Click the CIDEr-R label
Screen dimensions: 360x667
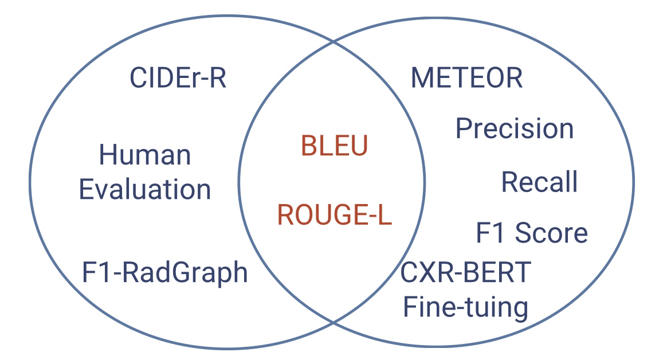pyautogui.click(x=178, y=78)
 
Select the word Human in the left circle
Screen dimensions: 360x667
pyautogui.click(x=145, y=155)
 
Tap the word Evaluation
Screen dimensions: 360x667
pyautogui.click(x=145, y=190)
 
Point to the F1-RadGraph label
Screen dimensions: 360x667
pyautogui.click(x=165, y=272)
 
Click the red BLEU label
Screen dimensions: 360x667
pyautogui.click(x=335, y=147)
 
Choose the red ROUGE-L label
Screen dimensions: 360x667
pyautogui.click(x=335, y=215)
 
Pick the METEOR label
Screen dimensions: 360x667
pyautogui.click(x=467, y=78)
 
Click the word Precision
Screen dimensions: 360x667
pyautogui.click(x=515, y=129)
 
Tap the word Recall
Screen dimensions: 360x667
pyautogui.click(x=539, y=182)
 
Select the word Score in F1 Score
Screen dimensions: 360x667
pyautogui.click(x=551, y=233)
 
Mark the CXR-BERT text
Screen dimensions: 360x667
pyautogui.click(x=465, y=272)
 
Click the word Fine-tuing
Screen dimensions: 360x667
pyautogui.click(x=465, y=307)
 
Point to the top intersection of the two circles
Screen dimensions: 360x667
pyautogui.click(x=333, y=42)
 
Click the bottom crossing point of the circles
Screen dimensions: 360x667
pyautogui.click(x=333, y=324)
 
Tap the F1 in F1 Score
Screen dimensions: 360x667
pyautogui.click(x=488, y=233)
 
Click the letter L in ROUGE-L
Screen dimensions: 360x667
pyautogui.click(x=384, y=215)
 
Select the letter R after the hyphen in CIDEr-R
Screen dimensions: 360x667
pyautogui.click(x=217, y=78)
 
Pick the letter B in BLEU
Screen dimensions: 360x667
pyautogui.click(x=309, y=147)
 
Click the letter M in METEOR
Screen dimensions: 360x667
pyautogui.click(x=422, y=78)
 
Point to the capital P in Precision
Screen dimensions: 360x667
pyautogui.click(x=464, y=129)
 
